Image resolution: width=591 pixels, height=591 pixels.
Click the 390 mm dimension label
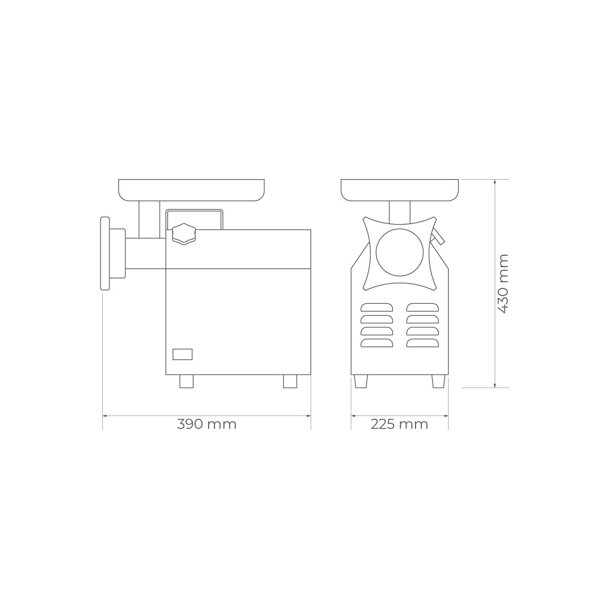(206, 424)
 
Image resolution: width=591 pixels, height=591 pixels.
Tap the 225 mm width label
(400, 424)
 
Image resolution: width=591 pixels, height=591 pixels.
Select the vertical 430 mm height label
(503, 284)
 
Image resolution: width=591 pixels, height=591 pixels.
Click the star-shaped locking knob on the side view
(184, 234)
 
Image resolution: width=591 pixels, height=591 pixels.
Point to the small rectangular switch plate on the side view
(183, 354)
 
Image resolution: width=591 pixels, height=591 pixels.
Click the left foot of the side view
(186, 381)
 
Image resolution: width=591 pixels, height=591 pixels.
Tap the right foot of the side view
(290, 381)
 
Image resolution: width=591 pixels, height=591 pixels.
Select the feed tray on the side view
(191, 190)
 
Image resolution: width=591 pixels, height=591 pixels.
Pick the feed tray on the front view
(400, 190)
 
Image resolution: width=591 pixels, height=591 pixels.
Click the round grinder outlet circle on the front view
(400, 252)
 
